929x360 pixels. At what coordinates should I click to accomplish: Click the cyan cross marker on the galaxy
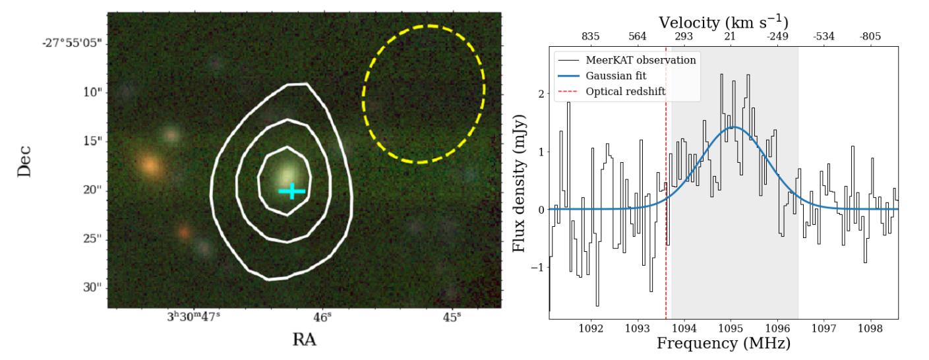[291, 191]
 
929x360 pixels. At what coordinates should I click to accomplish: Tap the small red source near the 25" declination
[185, 232]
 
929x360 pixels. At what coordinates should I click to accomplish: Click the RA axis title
[305, 340]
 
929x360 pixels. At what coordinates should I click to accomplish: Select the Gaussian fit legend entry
[613, 76]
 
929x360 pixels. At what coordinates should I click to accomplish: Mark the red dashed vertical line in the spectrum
[666, 264]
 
